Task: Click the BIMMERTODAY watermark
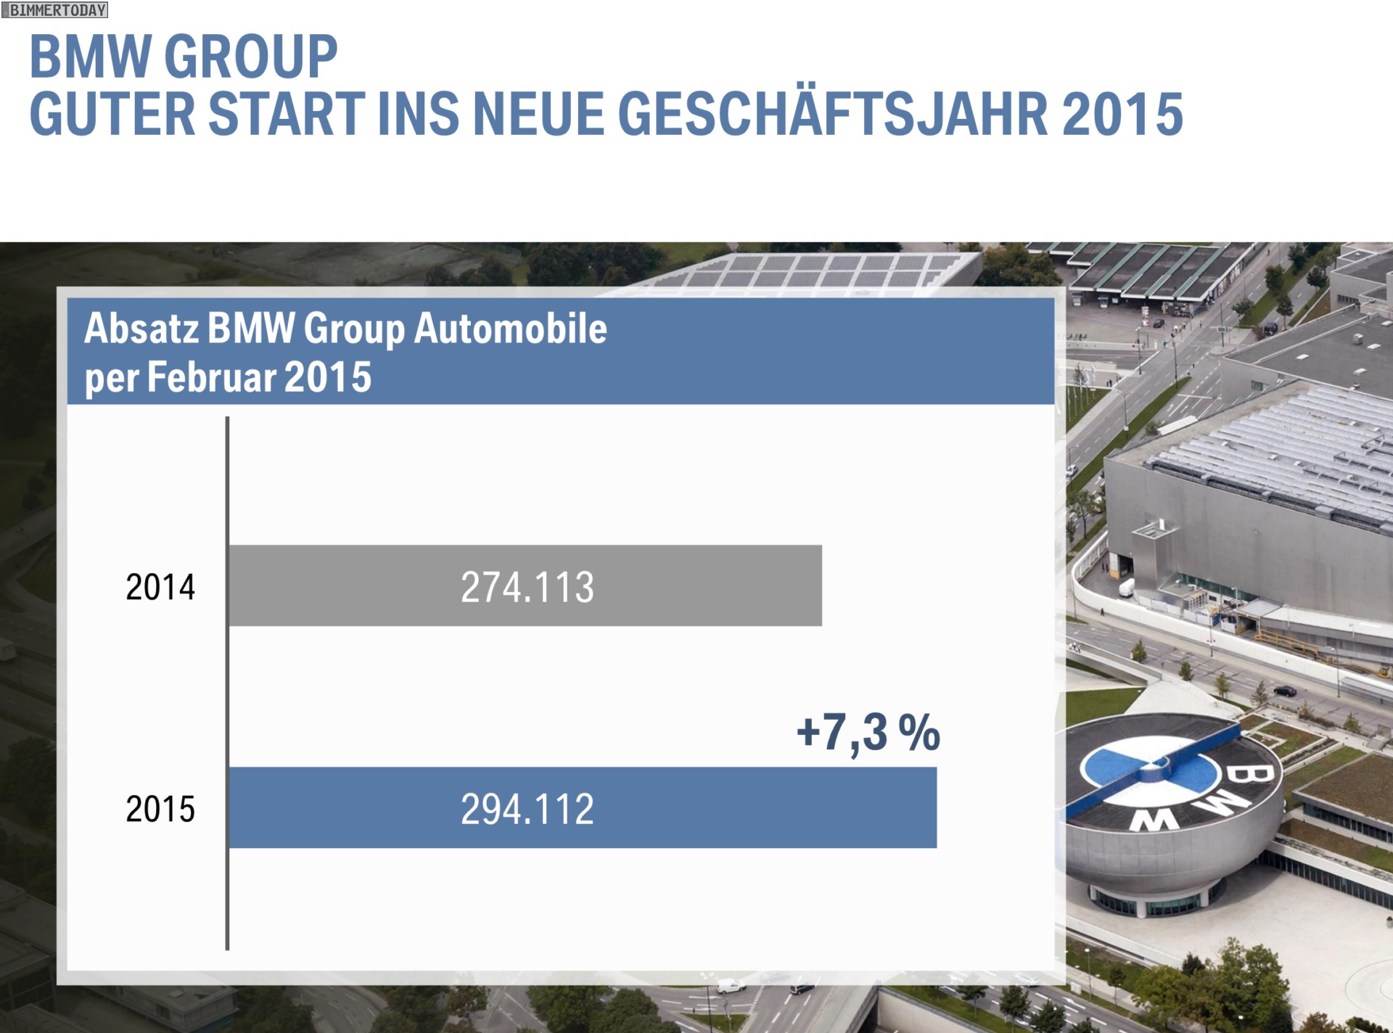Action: pos(54,10)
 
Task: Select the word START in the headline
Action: pos(287,113)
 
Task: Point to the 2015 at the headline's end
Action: pos(1122,113)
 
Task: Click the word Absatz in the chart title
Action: pos(141,329)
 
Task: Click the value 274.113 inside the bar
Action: pos(527,587)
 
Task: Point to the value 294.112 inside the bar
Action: pos(527,809)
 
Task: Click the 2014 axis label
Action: pos(160,587)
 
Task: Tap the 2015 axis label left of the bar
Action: pos(160,809)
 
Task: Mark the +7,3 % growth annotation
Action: pos(868,733)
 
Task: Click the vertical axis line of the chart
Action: pos(227,682)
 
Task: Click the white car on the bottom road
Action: pos(731,986)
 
